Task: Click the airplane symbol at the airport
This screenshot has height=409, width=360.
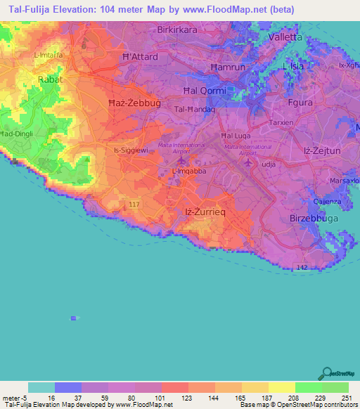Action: (x=248, y=163)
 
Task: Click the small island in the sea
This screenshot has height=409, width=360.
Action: (x=73, y=318)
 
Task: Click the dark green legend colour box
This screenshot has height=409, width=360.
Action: (x=335, y=387)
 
